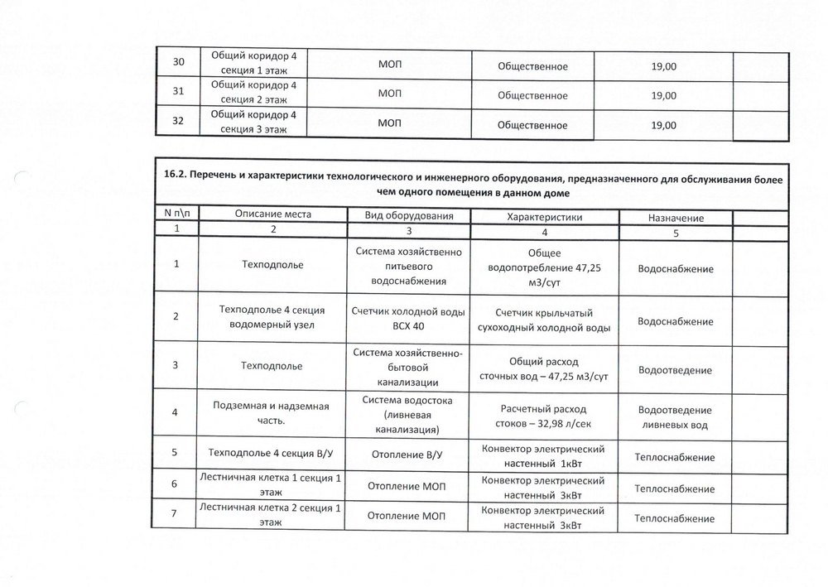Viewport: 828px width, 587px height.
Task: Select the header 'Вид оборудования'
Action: point(408,214)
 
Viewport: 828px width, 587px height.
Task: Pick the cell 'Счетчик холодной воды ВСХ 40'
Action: point(408,319)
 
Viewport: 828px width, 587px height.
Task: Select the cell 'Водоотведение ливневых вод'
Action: point(676,417)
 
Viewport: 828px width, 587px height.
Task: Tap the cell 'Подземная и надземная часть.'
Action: point(272,412)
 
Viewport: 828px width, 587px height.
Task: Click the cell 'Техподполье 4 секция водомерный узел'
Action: point(272,317)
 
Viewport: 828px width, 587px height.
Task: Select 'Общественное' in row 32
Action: point(532,125)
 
